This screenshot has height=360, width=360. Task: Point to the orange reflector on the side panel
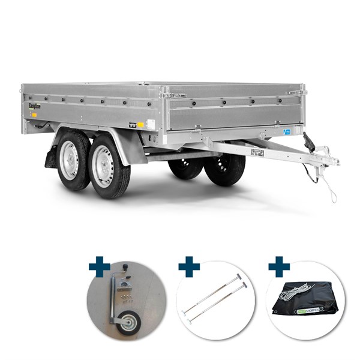[140, 124]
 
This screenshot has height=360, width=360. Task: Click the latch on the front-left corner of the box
[174, 95]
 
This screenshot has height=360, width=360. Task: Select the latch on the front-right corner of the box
[294, 92]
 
